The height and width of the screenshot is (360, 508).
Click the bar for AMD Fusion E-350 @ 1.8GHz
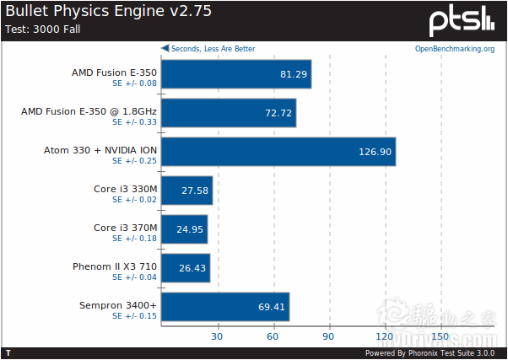[x=228, y=113]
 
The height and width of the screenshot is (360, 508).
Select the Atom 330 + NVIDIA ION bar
[x=278, y=152]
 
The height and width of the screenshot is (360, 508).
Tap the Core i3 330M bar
[x=186, y=191]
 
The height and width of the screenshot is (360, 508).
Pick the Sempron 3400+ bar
[x=224, y=307]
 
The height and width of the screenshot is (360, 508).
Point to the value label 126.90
[x=375, y=152]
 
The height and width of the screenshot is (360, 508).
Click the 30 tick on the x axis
[x=217, y=336]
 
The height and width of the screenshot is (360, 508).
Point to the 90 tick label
[x=329, y=336]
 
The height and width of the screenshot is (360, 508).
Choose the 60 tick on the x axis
[x=273, y=336]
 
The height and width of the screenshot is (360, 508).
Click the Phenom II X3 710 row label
[x=115, y=266]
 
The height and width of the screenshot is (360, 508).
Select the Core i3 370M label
[x=125, y=228]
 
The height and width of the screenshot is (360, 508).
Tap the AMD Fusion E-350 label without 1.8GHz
[x=114, y=73]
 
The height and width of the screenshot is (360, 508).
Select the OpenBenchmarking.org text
[x=454, y=49]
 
